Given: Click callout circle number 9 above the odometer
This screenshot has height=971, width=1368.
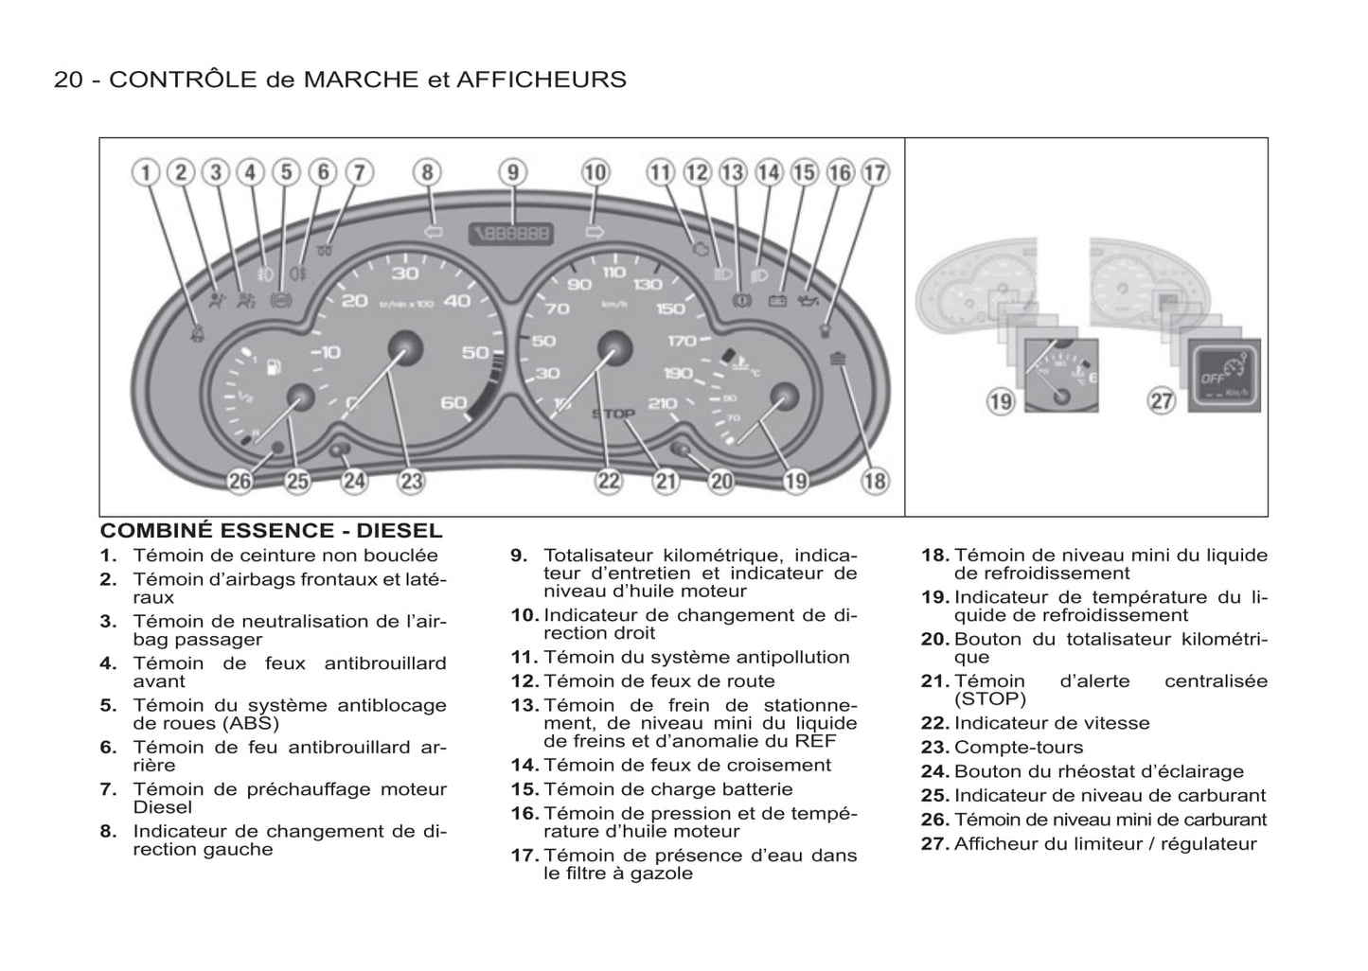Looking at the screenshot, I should coord(512,172).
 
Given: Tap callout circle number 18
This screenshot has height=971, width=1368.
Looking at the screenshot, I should coord(875,481).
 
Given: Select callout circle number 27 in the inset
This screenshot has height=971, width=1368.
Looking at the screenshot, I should coord(1162,400).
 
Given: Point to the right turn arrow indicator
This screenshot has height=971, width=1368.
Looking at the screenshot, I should coord(595,231).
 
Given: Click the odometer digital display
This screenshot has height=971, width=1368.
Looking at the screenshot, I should coord(512,232).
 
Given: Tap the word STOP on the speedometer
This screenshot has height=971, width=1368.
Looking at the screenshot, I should coord(613,414).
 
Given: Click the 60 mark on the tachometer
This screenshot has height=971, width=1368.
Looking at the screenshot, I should coord(454,402).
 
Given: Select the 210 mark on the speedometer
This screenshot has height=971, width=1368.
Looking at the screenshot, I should coord(663,403).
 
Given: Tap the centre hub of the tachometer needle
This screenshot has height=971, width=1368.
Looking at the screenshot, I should coord(406,348).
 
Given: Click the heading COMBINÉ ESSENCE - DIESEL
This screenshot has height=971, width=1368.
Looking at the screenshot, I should coord(271,531).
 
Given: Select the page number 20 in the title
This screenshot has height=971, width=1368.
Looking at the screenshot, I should coord(68,79).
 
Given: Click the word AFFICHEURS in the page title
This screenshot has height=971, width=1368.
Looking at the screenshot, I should coord(541,79).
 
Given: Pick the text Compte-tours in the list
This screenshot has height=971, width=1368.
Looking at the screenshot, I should coord(1019,748).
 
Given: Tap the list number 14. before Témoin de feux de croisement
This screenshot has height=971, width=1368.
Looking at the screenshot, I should coord(524,766).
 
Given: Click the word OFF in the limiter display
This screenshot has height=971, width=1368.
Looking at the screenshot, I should coord(1213,378).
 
